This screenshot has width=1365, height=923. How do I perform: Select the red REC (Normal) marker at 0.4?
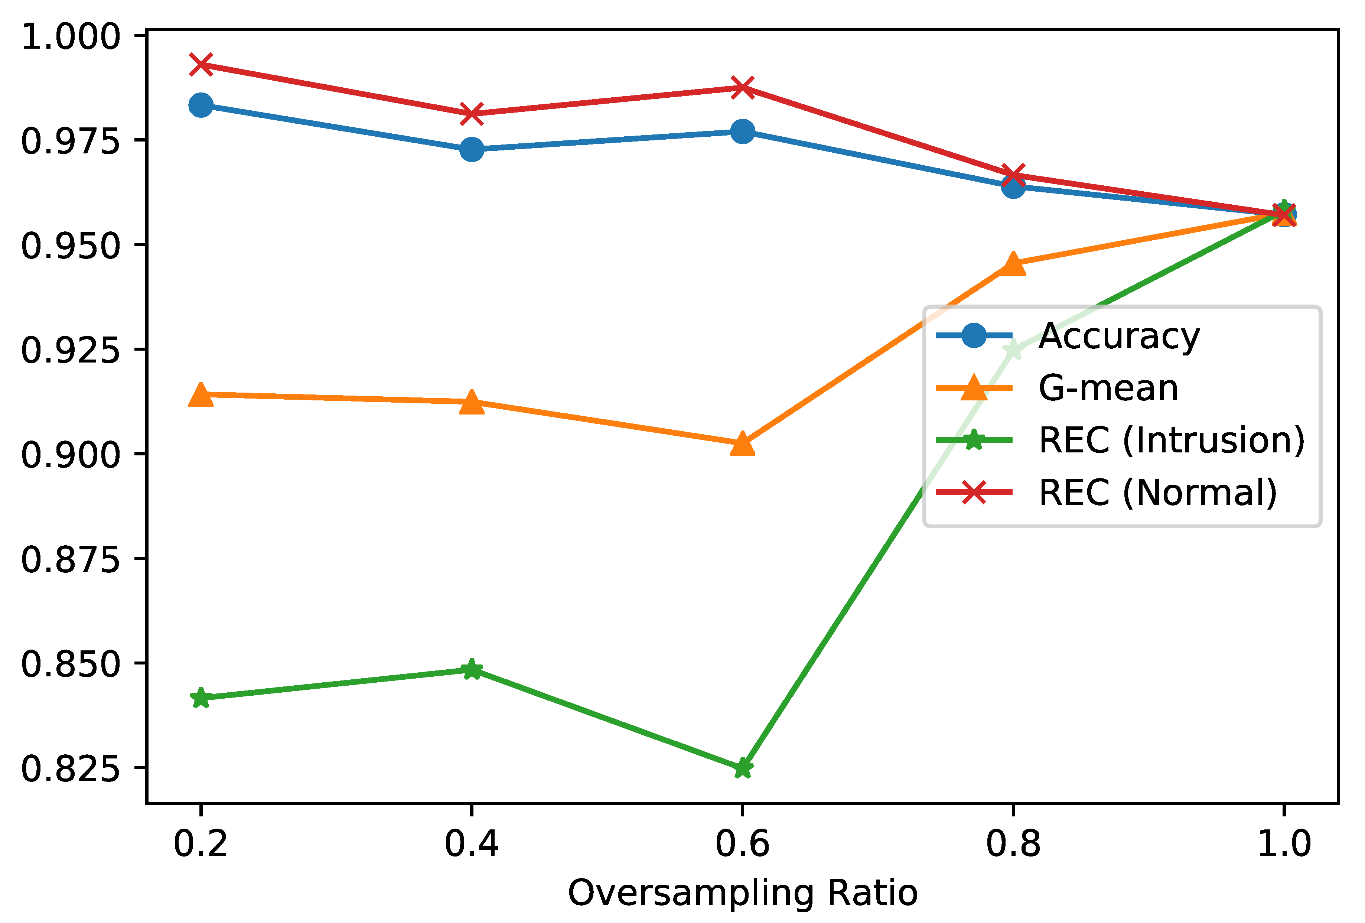click(471, 113)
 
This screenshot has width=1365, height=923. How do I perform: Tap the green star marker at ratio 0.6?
click(742, 768)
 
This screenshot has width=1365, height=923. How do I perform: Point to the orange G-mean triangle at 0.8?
click(1013, 263)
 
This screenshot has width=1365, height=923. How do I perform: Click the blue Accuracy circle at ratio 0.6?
click(742, 131)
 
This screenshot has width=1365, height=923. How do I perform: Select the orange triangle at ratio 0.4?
click(471, 403)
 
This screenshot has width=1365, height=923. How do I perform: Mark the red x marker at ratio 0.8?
click(1013, 175)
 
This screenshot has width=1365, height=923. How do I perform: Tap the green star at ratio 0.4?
click(471, 669)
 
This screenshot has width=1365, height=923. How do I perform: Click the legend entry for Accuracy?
click(1118, 336)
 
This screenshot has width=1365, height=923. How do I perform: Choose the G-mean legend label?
click(1108, 389)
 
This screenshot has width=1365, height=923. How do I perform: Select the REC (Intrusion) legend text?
click(1171, 440)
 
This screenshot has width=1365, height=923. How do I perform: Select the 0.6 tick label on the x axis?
click(742, 844)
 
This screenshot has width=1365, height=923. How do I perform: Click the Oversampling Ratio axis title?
click(742, 893)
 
